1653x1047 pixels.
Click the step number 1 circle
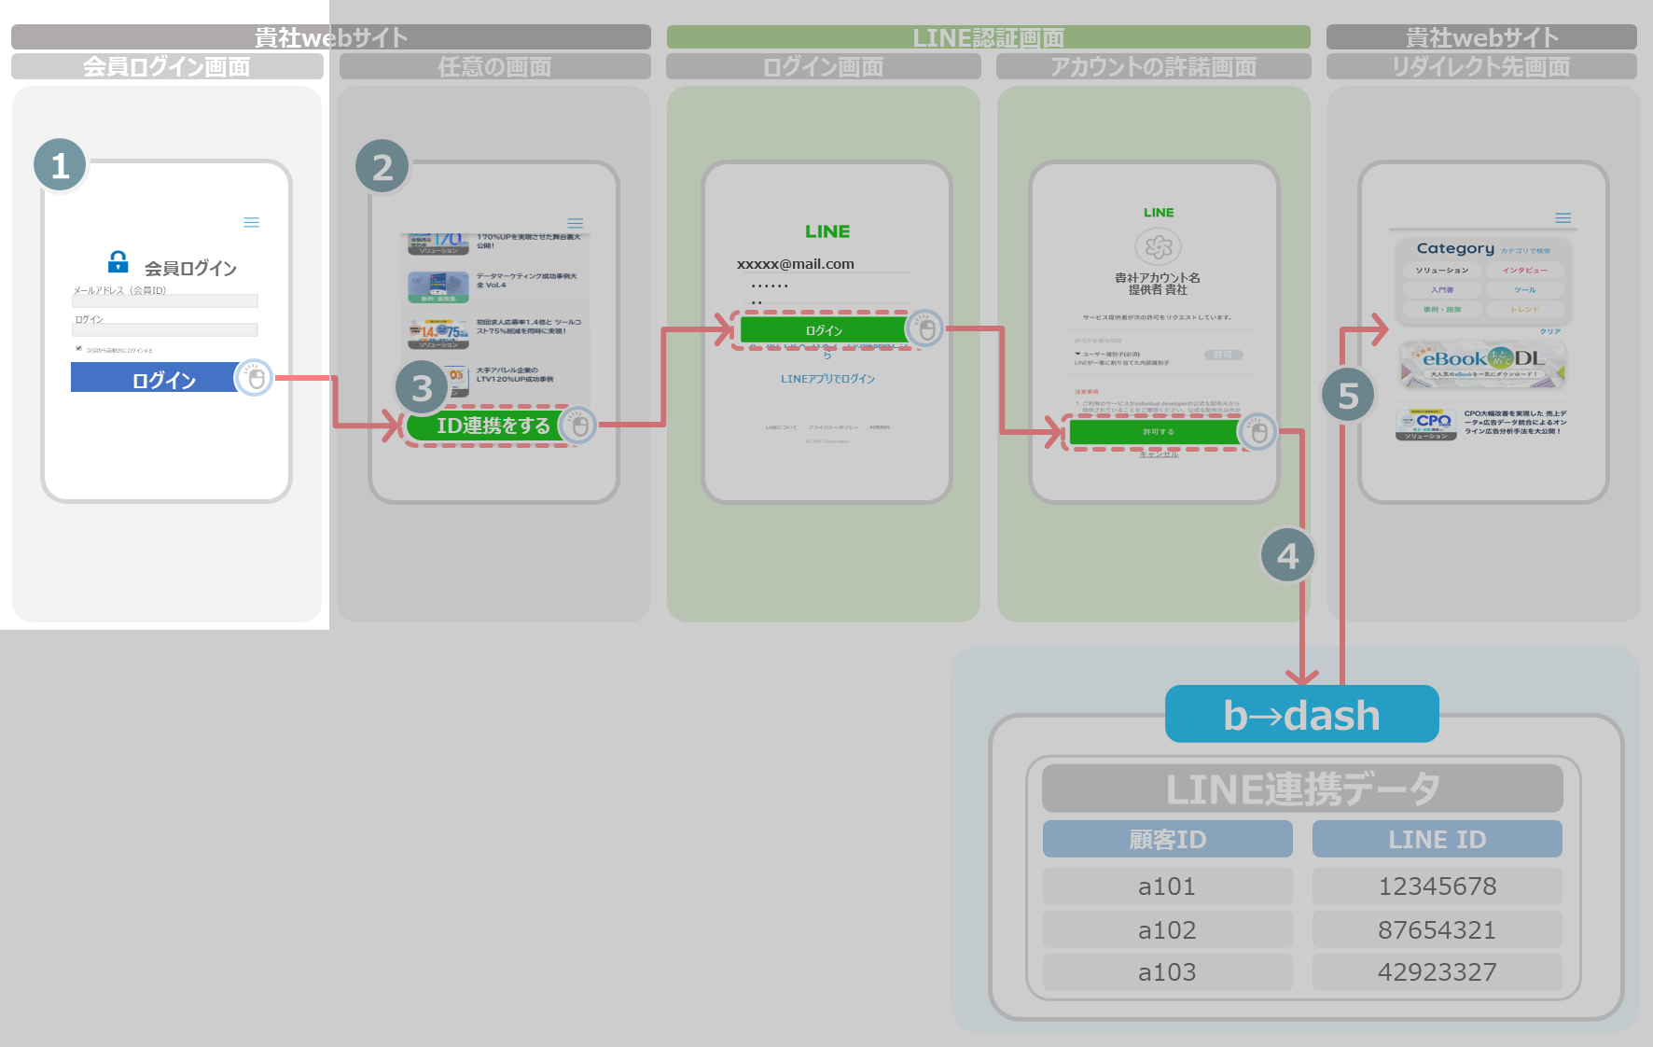point(61,165)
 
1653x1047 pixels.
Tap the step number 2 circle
point(382,167)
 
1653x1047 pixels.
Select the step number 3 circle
point(422,387)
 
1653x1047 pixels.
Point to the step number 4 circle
point(1287,555)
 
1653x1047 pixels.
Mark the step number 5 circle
point(1348,395)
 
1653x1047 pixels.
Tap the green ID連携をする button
point(485,426)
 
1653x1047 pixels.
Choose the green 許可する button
point(1155,432)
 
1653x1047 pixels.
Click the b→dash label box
point(1301,715)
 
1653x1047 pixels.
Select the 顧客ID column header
point(1167,839)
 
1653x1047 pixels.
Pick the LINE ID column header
point(1437,839)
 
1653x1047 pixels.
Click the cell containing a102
point(1167,929)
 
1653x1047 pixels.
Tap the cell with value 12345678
point(1437,886)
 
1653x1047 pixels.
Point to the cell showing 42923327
point(1437,971)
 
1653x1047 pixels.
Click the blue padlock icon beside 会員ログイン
point(118,261)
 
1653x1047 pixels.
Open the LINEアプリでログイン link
point(827,379)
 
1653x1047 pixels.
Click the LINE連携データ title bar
point(1302,789)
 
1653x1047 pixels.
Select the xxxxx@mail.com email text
point(796,264)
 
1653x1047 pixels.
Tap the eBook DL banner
point(1482,363)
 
